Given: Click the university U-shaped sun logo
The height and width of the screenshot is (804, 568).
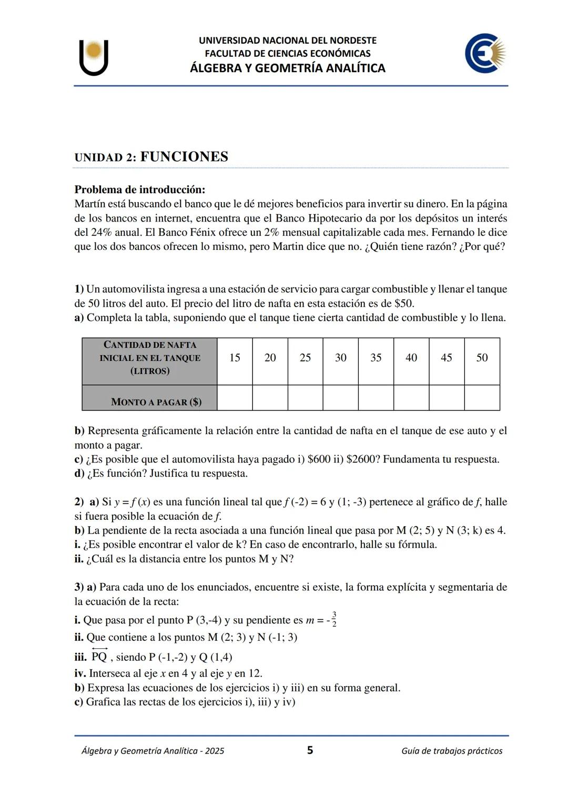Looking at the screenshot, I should [x=94, y=57].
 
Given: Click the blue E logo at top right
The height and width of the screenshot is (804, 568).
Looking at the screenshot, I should [x=484, y=54].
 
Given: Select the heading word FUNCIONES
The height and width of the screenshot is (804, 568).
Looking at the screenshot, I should [x=184, y=157].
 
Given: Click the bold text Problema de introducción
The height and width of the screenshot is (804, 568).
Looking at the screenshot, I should [x=139, y=189].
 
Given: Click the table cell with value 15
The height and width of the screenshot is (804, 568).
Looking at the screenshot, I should [x=235, y=358].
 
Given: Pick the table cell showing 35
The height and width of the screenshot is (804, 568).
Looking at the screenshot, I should [x=376, y=358].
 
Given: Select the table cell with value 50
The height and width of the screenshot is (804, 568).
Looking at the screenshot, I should [x=482, y=358].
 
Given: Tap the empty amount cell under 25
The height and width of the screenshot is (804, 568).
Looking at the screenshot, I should [x=305, y=398].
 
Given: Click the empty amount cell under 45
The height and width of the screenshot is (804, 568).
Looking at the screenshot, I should [x=447, y=398].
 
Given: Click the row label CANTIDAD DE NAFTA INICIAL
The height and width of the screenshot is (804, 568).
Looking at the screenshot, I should [x=150, y=358].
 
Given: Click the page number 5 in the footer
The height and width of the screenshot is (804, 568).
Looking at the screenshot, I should [x=310, y=750].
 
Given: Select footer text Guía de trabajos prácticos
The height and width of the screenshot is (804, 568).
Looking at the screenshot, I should [x=451, y=751].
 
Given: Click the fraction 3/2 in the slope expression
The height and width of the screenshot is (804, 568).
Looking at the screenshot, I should [x=334, y=619].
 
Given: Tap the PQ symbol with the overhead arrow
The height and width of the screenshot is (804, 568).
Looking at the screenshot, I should [x=99, y=656].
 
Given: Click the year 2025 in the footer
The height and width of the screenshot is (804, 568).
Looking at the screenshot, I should [x=215, y=751].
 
